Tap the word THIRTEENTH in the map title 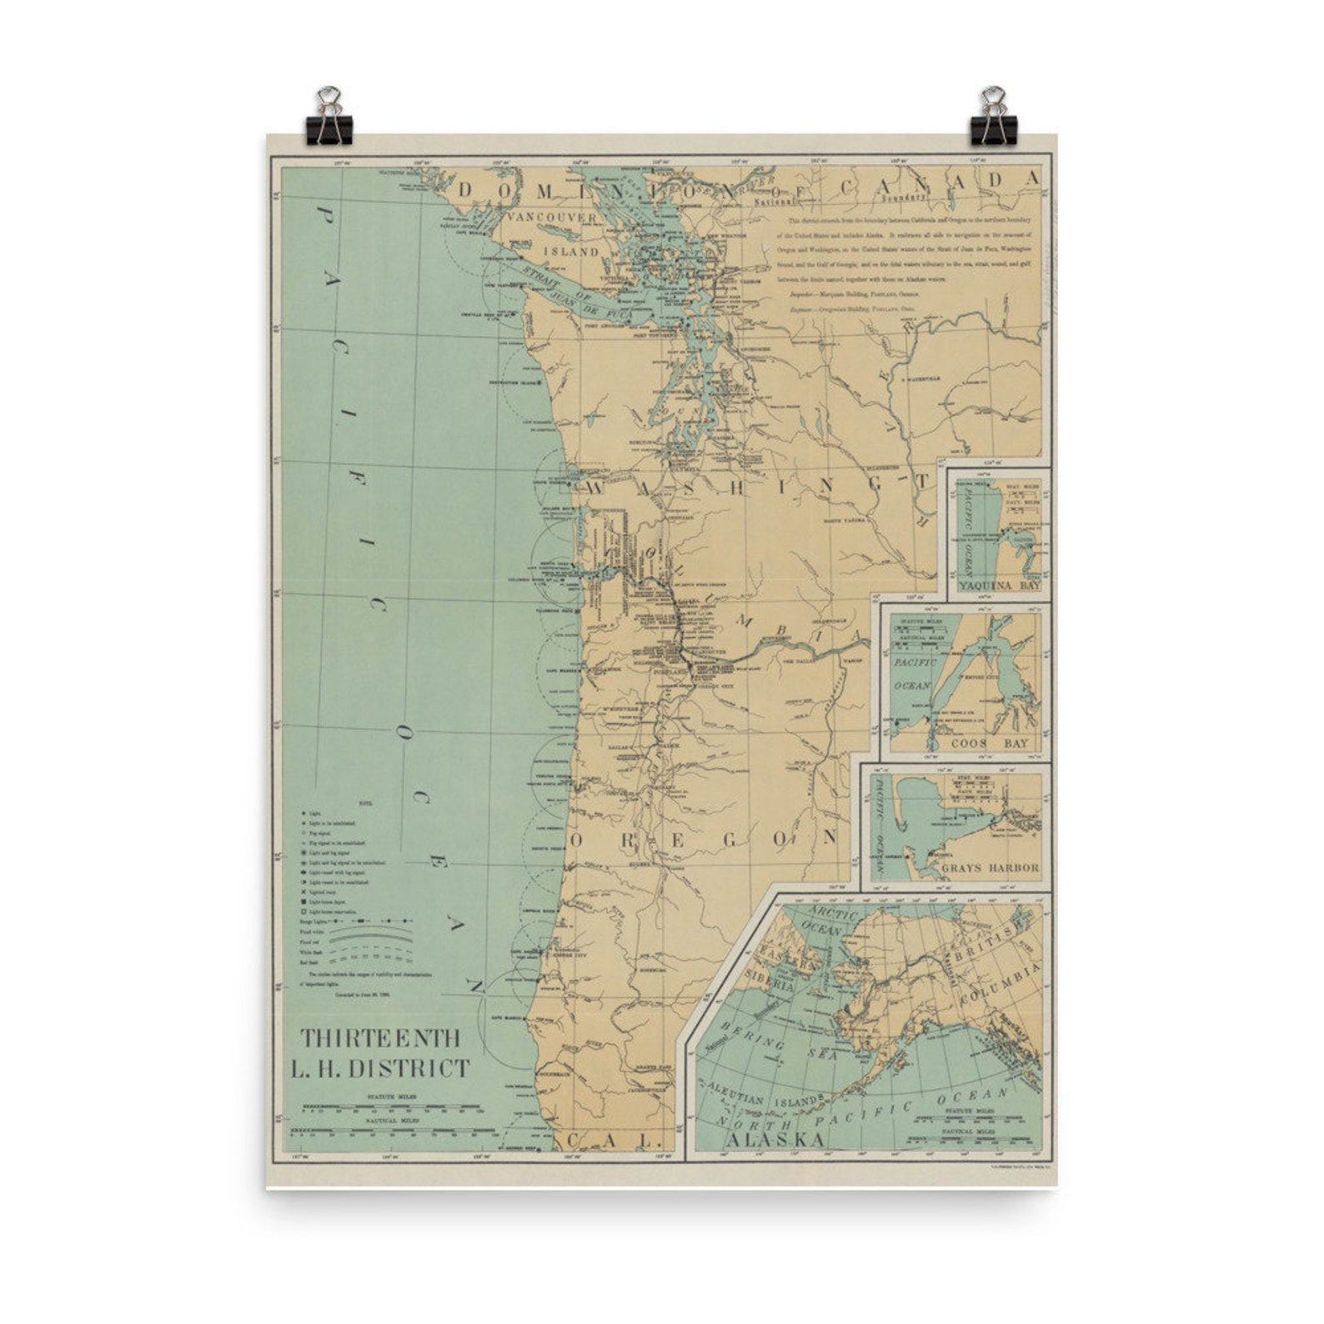coord(380,1038)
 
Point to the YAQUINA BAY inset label coord(999,586)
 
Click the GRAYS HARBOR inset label coord(990,868)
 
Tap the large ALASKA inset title coord(775,1140)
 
